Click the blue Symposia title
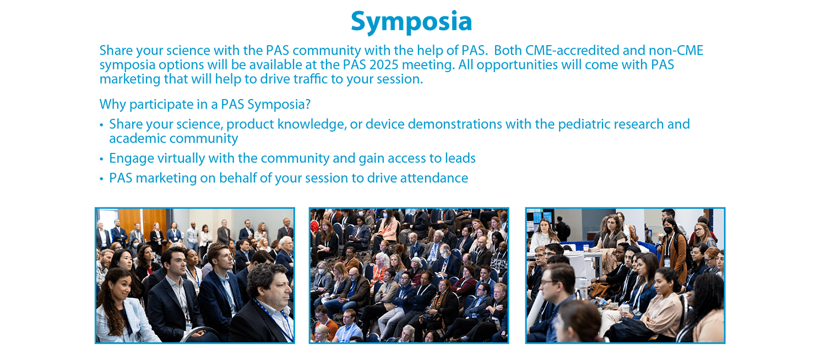(411, 22)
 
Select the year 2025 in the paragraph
(384, 65)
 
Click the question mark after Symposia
(307, 104)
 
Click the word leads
(460, 159)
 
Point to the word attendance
(434, 178)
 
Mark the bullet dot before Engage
(101, 159)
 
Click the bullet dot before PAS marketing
(101, 179)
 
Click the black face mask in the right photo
(668, 230)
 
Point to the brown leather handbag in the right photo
(599, 288)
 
